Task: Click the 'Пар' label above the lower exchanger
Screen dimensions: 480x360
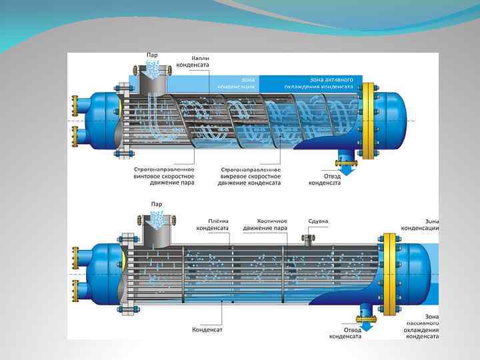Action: click(x=156, y=203)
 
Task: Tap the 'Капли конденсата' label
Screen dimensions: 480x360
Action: click(x=191, y=61)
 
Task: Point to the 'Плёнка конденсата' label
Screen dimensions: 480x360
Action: click(x=213, y=224)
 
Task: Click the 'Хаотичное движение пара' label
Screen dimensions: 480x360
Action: click(x=272, y=224)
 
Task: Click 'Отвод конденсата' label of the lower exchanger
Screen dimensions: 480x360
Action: click(x=345, y=332)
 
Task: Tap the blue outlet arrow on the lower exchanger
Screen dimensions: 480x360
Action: click(x=366, y=319)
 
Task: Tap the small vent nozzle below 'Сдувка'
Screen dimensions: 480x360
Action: click(x=309, y=239)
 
